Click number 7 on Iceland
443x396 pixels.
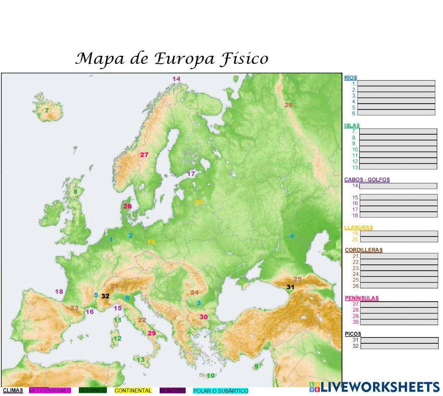47,110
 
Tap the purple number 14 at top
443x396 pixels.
176,79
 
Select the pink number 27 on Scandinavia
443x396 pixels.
144,155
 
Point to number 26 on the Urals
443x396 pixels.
288,105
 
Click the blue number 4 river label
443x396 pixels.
292,236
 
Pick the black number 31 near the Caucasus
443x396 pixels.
290,287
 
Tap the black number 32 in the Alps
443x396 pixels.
105,296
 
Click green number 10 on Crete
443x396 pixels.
211,376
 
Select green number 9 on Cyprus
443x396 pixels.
256,366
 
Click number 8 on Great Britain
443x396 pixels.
75,192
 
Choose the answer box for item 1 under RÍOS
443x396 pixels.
396,83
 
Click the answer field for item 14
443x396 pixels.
398,186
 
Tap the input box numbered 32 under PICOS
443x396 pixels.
399,346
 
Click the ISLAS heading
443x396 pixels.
352,126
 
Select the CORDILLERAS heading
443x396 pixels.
363,250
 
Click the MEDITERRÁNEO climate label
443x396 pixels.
50,391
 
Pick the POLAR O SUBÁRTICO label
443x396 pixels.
221,391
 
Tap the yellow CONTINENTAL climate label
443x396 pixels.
133,391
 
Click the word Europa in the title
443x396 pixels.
185,59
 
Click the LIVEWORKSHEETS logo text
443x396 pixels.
380,386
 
